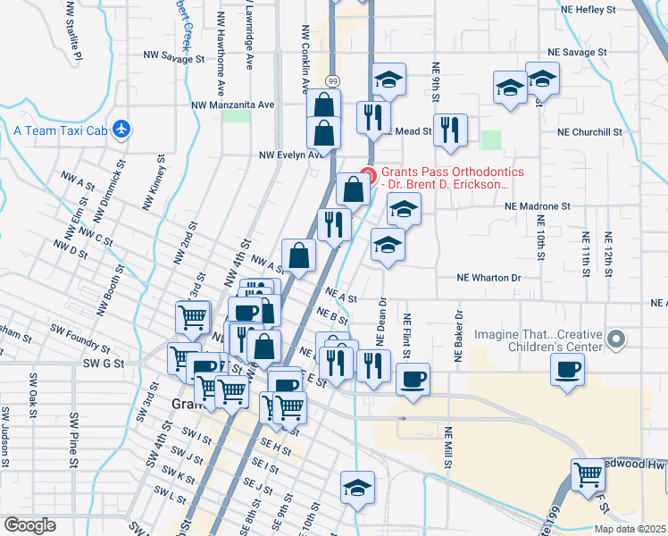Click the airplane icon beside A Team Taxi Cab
(122, 130)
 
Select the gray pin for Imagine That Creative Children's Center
(615, 339)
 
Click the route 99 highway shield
(331, 80)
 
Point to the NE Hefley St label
(588, 10)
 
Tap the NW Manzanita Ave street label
(232, 105)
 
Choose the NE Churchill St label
(589, 131)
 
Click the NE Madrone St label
(537, 205)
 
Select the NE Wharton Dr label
(488, 278)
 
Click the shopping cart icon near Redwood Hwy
(588, 474)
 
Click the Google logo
(30, 525)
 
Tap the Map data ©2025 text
(630, 529)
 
